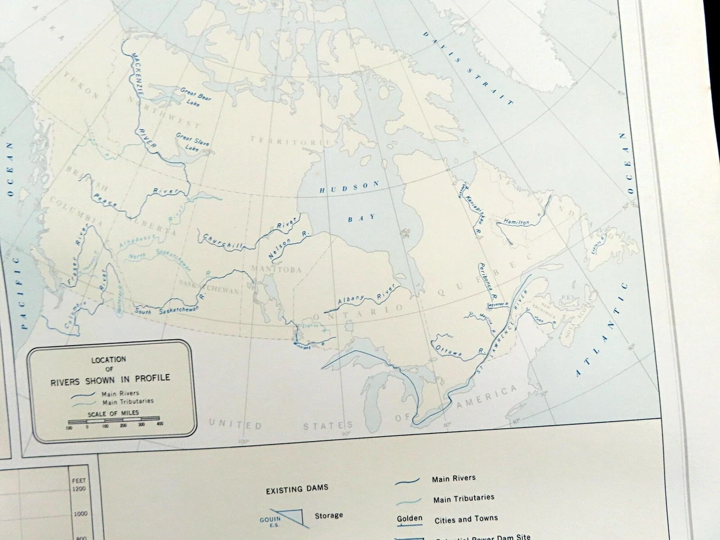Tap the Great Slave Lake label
[x=191, y=142]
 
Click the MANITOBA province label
[x=277, y=269]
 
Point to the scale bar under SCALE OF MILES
[x=114, y=419]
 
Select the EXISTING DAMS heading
[x=297, y=489]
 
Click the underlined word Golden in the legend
[x=409, y=518]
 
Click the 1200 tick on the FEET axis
[x=79, y=488]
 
